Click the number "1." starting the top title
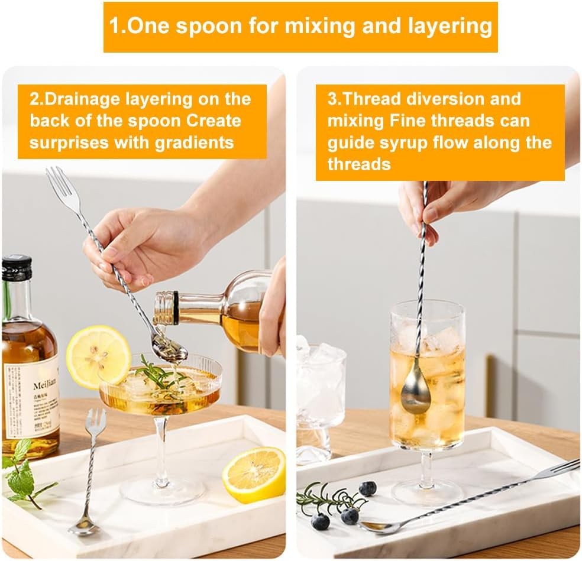pos(117,27)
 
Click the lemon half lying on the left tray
pos(254,474)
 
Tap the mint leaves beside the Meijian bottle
pos(21,474)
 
